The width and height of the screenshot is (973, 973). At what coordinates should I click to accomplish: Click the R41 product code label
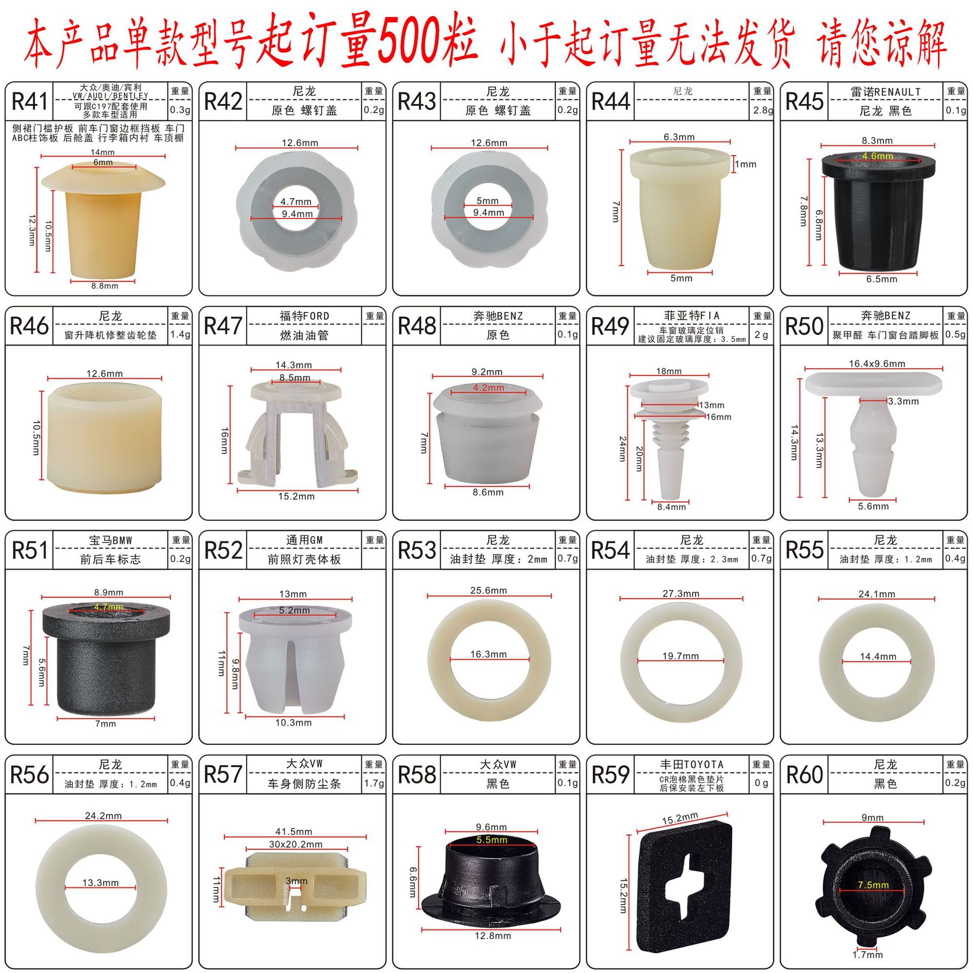point(29,101)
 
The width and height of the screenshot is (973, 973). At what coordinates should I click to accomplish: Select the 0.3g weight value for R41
point(180,110)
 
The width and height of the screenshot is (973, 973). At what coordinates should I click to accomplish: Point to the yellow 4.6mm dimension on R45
point(877,156)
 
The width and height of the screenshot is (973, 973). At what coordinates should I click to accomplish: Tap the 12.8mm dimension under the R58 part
point(492,935)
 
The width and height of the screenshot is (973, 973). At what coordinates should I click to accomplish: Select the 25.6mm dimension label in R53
point(488,590)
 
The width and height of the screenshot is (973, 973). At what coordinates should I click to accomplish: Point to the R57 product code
point(223,774)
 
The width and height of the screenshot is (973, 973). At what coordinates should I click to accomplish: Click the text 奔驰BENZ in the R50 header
point(885,316)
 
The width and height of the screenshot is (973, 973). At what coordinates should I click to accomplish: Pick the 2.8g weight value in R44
point(762,110)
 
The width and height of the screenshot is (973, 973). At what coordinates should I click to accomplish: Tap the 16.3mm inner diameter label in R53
point(488,654)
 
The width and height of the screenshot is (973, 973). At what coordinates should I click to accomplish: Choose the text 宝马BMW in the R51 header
point(110,541)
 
